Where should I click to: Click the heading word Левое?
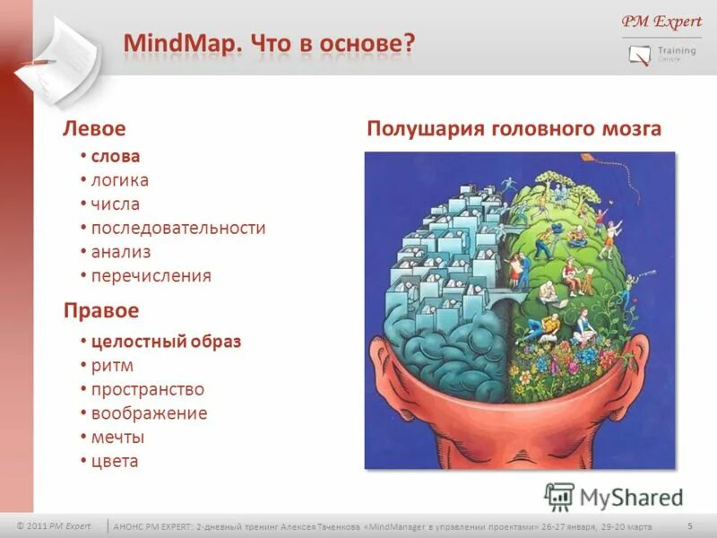93,129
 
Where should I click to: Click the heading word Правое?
100,310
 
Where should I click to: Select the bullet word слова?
116,157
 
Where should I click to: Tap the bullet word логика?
120,180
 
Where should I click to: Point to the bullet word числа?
116,204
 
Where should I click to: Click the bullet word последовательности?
178,228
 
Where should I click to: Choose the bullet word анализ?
121,252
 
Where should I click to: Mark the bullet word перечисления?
151,275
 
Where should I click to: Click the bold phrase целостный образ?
166,342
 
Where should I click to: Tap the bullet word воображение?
149,413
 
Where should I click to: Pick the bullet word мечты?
117,438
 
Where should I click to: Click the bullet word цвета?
115,462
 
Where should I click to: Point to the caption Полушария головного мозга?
514,129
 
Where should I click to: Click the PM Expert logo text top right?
661,22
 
